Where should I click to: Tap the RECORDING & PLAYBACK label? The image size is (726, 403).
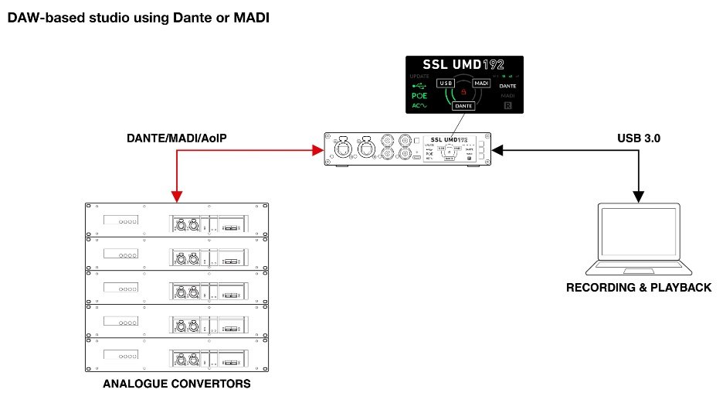coord(638,288)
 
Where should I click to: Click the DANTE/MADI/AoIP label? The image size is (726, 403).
coord(181,138)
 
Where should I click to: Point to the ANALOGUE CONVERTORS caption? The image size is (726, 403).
coord(177,384)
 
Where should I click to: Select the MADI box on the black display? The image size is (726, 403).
coord(481,83)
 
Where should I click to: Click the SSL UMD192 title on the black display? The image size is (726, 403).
coord(464,64)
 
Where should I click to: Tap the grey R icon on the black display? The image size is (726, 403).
coord(508,105)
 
